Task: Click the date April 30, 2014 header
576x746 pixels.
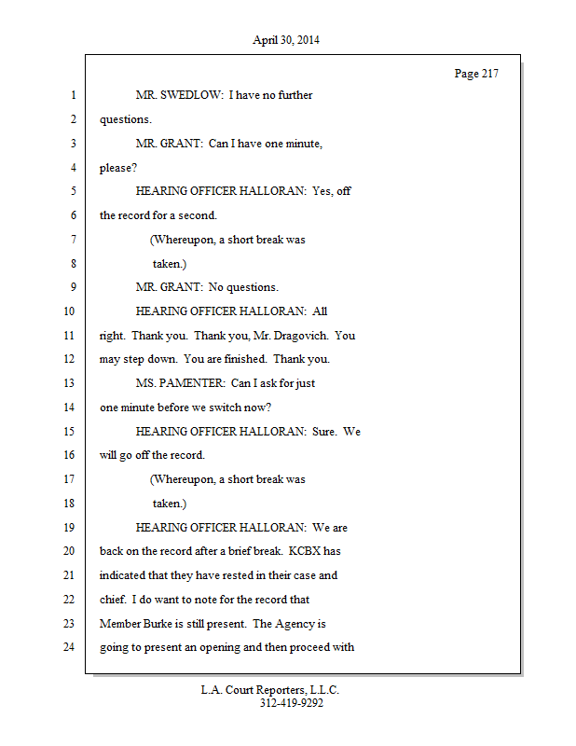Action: click(x=286, y=40)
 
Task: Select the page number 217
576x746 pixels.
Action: click(x=490, y=74)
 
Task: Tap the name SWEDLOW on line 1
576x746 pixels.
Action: click(x=191, y=95)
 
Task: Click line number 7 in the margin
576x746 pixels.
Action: click(x=74, y=239)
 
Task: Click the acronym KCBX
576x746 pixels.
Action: click(x=305, y=551)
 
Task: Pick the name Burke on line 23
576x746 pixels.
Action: click(x=158, y=623)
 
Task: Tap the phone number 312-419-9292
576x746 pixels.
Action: click(x=292, y=703)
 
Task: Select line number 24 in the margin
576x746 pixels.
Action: click(x=69, y=646)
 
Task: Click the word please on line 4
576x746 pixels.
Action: click(x=115, y=169)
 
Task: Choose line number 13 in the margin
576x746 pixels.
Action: click(x=69, y=383)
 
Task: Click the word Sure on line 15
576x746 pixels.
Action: click(x=323, y=432)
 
